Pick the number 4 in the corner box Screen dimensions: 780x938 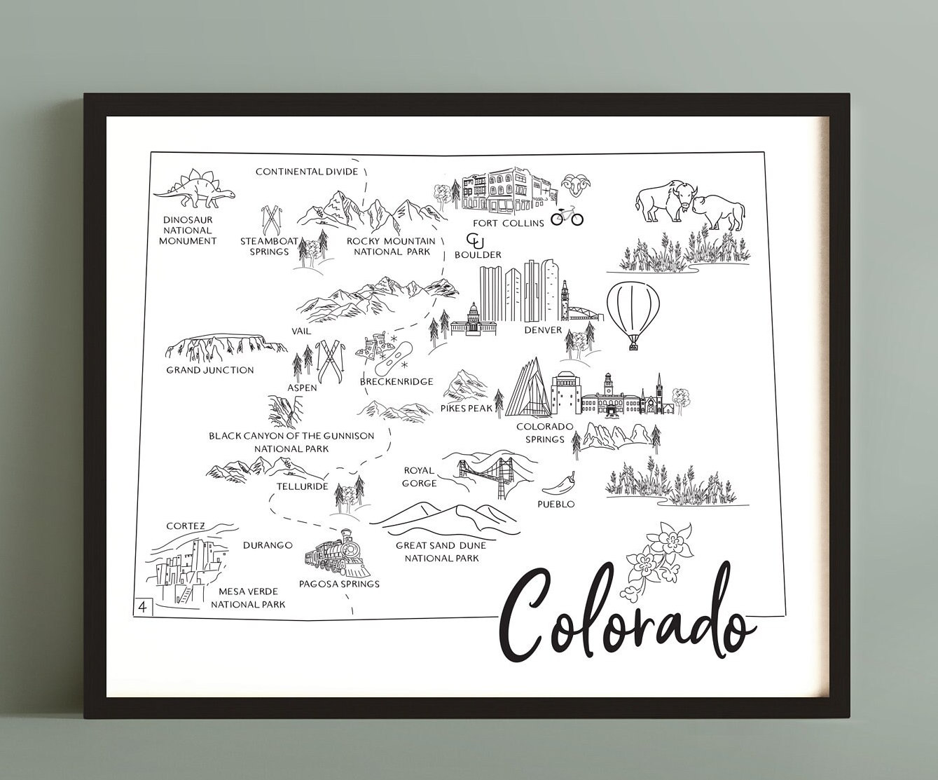pos(143,606)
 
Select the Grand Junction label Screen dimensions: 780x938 pos(210,370)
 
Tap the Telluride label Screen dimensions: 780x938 pos(302,485)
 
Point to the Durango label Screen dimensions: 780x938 pos(268,545)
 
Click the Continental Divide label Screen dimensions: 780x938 pos(307,171)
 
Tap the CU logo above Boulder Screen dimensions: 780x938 pos(476,240)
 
